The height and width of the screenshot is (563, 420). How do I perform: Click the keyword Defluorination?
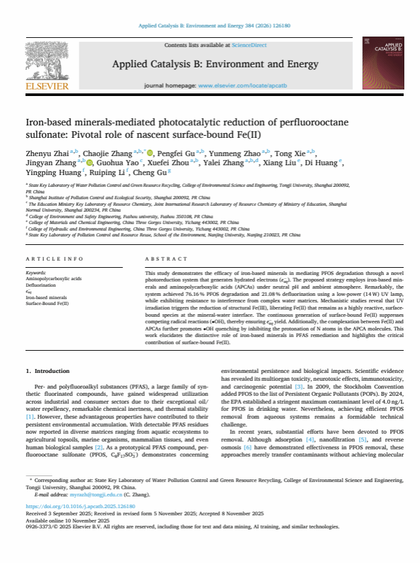click(41, 286)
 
